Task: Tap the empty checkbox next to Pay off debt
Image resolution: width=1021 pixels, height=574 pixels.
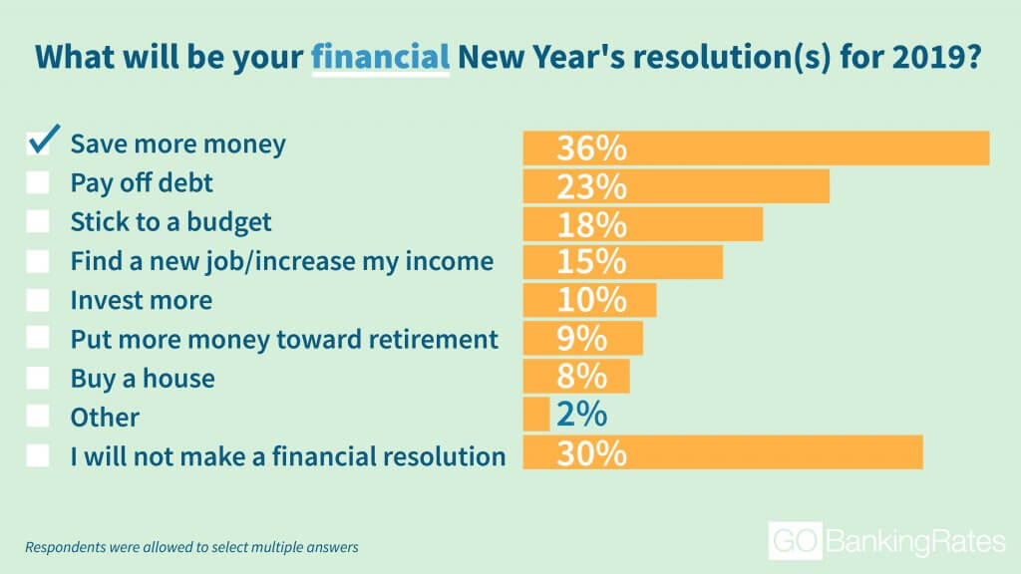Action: click(x=38, y=183)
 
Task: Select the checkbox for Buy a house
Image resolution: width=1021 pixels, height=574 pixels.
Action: click(x=38, y=378)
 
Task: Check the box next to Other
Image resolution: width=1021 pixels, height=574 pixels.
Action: click(x=38, y=417)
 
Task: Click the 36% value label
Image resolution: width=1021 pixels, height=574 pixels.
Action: click(x=591, y=147)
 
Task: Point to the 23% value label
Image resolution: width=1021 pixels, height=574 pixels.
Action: click(x=591, y=186)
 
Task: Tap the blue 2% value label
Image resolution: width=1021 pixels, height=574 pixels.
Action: click(x=581, y=415)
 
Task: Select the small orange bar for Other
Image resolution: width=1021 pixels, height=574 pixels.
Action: click(x=536, y=415)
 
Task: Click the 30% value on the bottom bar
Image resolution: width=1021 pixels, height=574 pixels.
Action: click(x=591, y=453)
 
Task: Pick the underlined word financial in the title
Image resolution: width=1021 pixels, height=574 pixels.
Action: click(x=380, y=57)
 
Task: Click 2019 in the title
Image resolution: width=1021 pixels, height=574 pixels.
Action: click(x=935, y=57)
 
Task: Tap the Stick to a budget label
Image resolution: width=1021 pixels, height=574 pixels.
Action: click(x=170, y=222)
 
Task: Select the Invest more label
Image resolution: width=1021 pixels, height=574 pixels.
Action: click(x=142, y=300)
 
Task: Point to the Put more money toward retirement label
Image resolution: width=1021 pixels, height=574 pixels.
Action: click(x=284, y=340)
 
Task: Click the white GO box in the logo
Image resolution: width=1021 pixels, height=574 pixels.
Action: click(x=795, y=541)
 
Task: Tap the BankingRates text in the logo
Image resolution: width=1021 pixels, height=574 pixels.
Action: click(x=916, y=541)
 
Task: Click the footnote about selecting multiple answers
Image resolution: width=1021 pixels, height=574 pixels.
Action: click(x=191, y=547)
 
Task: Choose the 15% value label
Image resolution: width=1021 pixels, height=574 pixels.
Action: click(x=591, y=262)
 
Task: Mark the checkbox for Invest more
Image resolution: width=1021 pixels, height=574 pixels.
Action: click(x=38, y=300)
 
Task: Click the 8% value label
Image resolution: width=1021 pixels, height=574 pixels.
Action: click(x=581, y=376)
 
